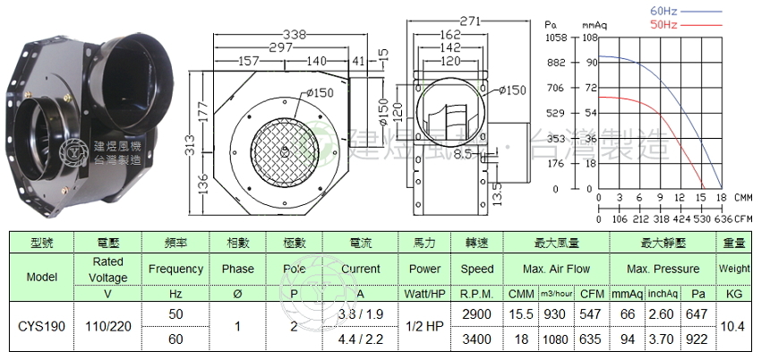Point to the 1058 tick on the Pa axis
557,38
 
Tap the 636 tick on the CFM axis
723,218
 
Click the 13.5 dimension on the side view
495,193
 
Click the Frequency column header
176,269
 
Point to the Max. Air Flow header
556,269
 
